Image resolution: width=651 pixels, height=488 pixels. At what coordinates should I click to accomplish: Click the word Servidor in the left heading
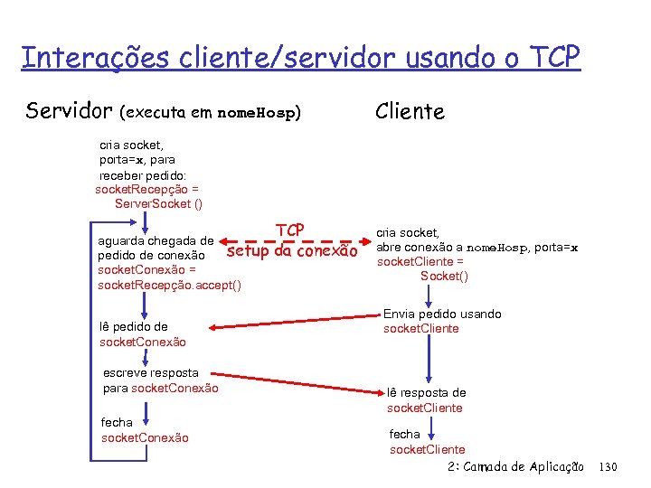67,111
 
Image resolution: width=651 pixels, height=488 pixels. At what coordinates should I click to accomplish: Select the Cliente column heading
410,111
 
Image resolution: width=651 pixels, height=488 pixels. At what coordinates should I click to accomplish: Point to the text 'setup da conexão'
292,251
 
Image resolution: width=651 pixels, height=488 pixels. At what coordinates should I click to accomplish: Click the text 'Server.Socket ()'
158,204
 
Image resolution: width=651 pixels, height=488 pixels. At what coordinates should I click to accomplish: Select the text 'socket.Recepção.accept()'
169,286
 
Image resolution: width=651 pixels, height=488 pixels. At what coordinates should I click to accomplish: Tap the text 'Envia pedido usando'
442,314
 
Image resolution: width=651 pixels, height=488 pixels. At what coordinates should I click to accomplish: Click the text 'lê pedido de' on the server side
134,326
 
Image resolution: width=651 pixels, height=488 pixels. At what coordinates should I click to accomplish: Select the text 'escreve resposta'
150,372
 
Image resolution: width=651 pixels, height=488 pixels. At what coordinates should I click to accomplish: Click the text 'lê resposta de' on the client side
427,393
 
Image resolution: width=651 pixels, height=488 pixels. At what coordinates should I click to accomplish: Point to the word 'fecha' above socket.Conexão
117,422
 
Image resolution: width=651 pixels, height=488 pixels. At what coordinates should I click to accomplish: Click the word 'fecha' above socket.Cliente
404,434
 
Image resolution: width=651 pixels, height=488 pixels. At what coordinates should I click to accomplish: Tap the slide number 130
608,466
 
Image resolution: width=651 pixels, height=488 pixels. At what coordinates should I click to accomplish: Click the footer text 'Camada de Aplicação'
528,466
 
